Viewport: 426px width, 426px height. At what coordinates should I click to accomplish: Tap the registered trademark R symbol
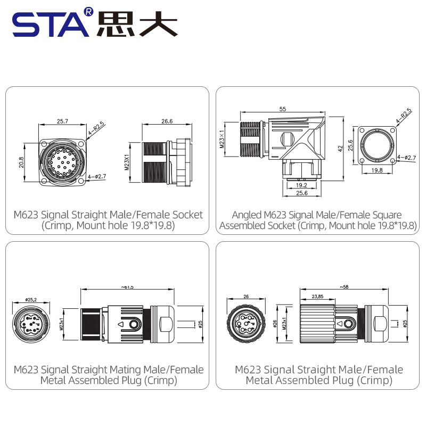point(88,11)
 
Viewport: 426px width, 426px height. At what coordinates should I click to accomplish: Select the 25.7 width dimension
point(62,121)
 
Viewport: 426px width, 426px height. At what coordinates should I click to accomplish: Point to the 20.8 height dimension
point(21,161)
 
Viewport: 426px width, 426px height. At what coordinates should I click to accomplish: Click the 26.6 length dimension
point(167,121)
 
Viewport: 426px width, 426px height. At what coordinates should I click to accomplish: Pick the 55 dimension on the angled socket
point(282,109)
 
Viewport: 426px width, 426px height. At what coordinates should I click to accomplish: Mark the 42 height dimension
point(339,149)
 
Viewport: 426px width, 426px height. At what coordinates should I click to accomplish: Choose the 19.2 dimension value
point(301,185)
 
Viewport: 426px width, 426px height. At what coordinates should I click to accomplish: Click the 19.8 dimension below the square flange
point(377,170)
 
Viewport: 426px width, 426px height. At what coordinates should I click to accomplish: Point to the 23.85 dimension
point(318,296)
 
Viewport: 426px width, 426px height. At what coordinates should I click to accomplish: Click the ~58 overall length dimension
point(345,287)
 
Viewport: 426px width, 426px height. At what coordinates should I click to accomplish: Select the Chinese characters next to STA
point(137,24)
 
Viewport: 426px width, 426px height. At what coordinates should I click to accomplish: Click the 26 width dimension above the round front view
point(246,297)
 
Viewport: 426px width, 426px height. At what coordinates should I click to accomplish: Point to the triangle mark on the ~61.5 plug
point(120,324)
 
